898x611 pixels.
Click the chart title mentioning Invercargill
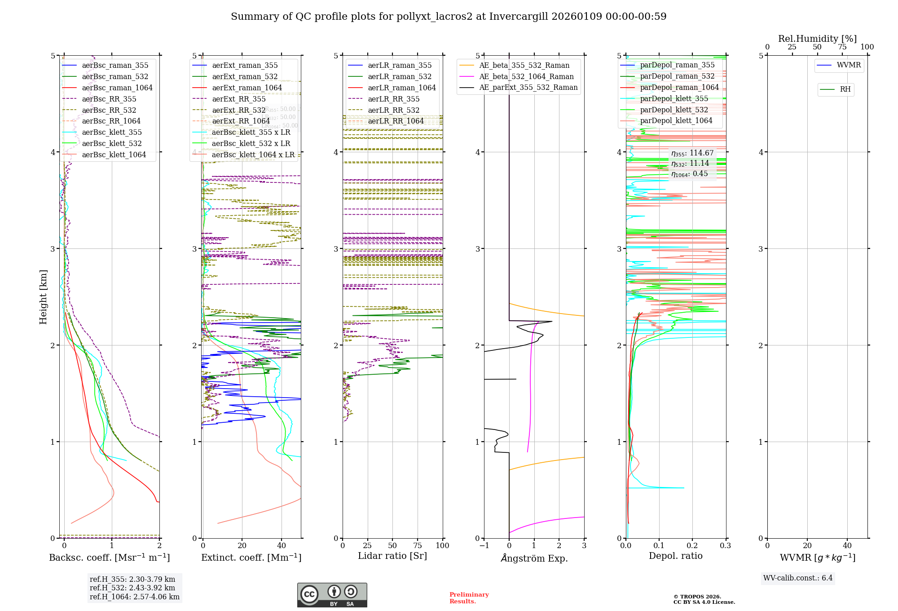click(x=449, y=17)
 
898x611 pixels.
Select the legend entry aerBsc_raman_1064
click(x=117, y=88)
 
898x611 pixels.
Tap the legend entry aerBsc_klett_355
click(x=111, y=133)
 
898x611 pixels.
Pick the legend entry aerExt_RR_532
click(x=238, y=110)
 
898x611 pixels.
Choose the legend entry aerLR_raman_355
click(x=399, y=66)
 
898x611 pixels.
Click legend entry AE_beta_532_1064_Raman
click(x=526, y=77)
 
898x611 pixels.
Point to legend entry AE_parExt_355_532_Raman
click(x=528, y=88)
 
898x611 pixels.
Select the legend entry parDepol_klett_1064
click(x=676, y=121)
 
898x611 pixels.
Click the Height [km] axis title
click(x=43, y=297)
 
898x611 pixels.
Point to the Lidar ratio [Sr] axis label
click(x=392, y=556)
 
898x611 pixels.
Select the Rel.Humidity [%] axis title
click(x=817, y=39)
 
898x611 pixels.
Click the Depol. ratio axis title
click(x=675, y=556)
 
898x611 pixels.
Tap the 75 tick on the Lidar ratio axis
click(x=418, y=546)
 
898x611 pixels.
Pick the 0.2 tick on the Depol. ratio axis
click(x=692, y=546)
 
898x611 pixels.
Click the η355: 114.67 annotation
click(x=692, y=153)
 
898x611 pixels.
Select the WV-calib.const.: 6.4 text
click(x=797, y=578)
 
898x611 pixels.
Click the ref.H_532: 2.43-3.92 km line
click(x=132, y=588)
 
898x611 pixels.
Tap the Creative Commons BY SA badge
click(x=332, y=595)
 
